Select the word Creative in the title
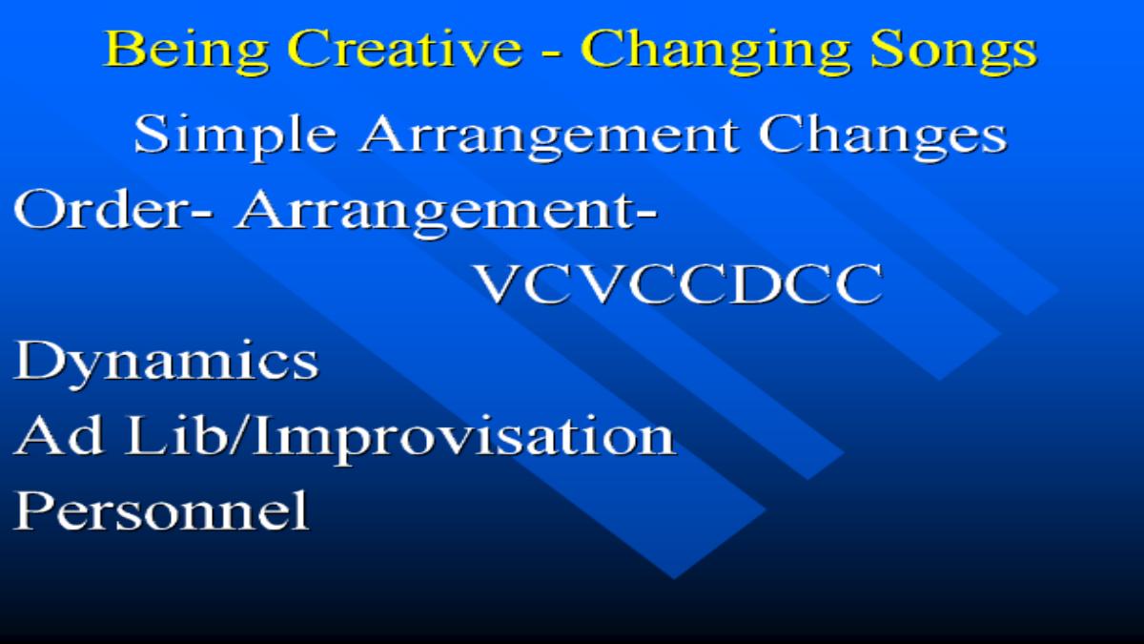(x=404, y=48)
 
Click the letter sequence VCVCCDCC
(x=679, y=284)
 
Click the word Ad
(x=59, y=435)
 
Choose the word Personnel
(x=162, y=510)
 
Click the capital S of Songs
(x=889, y=49)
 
